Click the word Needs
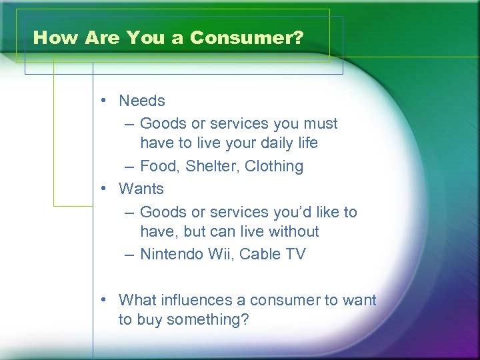click(x=141, y=101)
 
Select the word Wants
click(x=141, y=189)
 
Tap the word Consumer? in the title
click(x=246, y=38)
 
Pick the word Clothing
click(x=274, y=167)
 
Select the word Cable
click(x=260, y=255)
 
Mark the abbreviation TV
click(x=295, y=255)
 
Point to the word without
click(x=294, y=232)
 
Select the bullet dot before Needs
click(x=105, y=101)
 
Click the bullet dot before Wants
click(x=105, y=189)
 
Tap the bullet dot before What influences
click(x=105, y=301)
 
